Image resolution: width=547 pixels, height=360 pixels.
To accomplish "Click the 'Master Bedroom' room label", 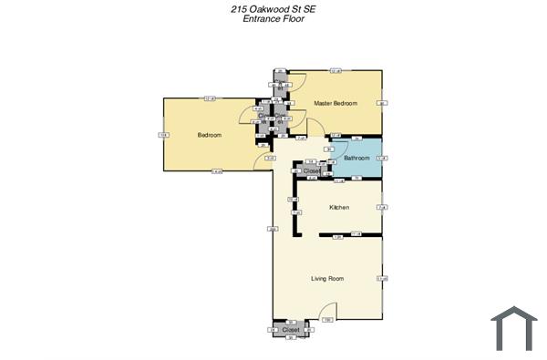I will click(x=335, y=103).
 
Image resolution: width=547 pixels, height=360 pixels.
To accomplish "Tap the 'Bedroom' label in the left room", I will click(x=210, y=135).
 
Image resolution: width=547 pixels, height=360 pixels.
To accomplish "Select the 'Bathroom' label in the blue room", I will click(x=356, y=158).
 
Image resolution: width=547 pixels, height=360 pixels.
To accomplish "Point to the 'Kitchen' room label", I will click(x=339, y=208).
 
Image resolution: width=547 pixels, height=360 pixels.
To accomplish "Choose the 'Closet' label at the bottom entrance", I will click(x=291, y=330).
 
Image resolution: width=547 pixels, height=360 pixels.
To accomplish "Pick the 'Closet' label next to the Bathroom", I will click(x=312, y=170).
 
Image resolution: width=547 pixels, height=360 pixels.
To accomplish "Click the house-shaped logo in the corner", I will click(x=513, y=327).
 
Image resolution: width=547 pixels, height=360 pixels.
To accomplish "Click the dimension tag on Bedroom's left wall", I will click(x=164, y=135).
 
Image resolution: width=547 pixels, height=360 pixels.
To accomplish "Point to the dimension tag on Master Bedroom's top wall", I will click(x=335, y=70).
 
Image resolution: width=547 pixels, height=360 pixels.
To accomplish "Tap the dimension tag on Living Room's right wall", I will click(x=382, y=278).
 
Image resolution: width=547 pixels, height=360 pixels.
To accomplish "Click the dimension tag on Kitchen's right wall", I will click(x=382, y=208).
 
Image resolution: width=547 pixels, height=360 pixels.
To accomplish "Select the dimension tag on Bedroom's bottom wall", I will click(x=217, y=170).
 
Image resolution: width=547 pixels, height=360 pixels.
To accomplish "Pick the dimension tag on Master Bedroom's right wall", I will click(x=382, y=103).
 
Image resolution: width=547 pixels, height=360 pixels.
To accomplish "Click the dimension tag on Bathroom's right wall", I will click(x=382, y=158).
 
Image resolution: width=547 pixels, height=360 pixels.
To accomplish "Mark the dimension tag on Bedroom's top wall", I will click(x=210, y=98).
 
